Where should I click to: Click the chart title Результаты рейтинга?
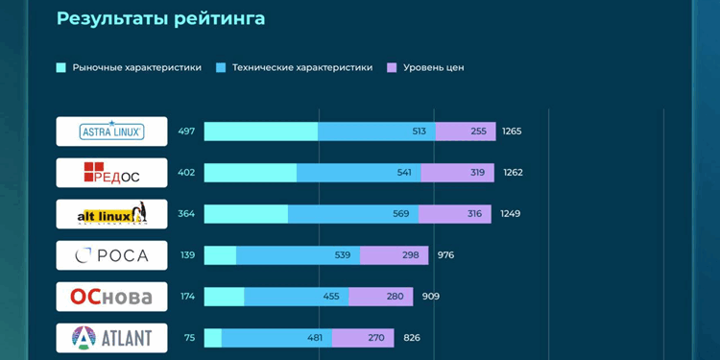pyautogui.click(x=160, y=19)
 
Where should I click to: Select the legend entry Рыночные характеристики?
pyautogui.click(x=130, y=68)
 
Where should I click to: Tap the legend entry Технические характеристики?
pyautogui.click(x=295, y=68)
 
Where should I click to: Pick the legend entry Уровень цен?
pyautogui.click(x=425, y=68)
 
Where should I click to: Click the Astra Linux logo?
pyautogui.click(x=111, y=132)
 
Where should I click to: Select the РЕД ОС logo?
pyautogui.click(x=111, y=173)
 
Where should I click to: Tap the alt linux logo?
pyautogui.click(x=111, y=214)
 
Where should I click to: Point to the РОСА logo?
pyautogui.click(x=111, y=255)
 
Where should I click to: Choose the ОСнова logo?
pyautogui.click(x=111, y=297)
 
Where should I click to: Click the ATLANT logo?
pyautogui.click(x=111, y=338)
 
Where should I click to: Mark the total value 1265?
pyautogui.click(x=512, y=132)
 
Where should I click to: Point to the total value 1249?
pyautogui.click(x=510, y=214)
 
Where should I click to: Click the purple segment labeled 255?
pyautogui.click(x=466, y=132)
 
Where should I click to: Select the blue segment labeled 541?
pyautogui.click(x=359, y=173)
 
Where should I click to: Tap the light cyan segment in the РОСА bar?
pyautogui.click(x=220, y=255)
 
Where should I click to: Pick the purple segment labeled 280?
pyautogui.click(x=381, y=297)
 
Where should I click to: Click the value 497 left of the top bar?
pyautogui.click(x=186, y=132)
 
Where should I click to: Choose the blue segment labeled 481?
pyautogui.click(x=276, y=338)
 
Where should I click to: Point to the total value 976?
pyautogui.click(x=445, y=255)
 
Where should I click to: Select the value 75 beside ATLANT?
pyautogui.click(x=189, y=338)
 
